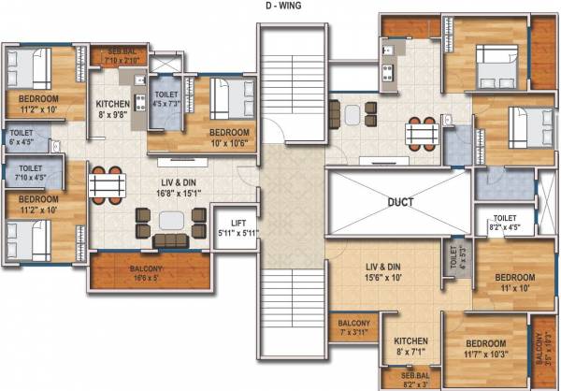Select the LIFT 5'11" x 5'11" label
coord(238,227)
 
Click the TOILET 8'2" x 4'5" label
coord(505,222)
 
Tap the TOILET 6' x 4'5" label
coord(21,138)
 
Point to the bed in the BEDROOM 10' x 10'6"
coord(227,98)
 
